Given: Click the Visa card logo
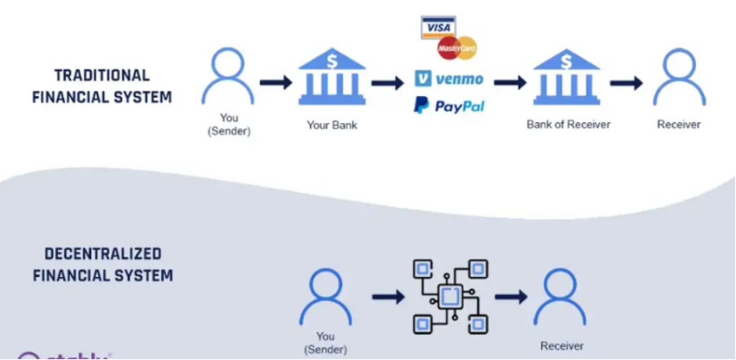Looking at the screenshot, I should click(x=437, y=27).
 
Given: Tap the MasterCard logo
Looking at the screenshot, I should click(x=457, y=48).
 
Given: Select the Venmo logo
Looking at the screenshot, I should click(x=449, y=79).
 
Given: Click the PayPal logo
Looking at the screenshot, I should click(x=449, y=106).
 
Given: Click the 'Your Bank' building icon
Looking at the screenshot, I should click(x=331, y=80).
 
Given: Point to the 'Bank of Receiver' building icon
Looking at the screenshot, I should click(x=568, y=80).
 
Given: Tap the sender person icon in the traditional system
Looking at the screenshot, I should click(x=228, y=77).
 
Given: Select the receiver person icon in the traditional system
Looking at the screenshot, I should click(x=678, y=77).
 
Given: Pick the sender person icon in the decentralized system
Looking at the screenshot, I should click(x=325, y=296).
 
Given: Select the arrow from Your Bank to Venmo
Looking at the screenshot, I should click(x=388, y=83).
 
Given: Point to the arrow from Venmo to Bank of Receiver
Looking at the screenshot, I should click(x=510, y=83).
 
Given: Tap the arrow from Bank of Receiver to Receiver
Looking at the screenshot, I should click(x=626, y=83).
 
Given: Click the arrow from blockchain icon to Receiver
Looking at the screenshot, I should click(x=511, y=297).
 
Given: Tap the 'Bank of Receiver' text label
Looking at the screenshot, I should click(x=568, y=125).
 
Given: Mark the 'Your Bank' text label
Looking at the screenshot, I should click(x=331, y=125).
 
